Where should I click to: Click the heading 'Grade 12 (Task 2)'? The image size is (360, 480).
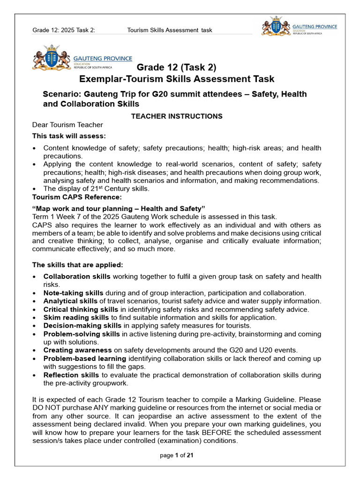[177, 67]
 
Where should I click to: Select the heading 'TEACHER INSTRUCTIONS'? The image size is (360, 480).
[176, 116]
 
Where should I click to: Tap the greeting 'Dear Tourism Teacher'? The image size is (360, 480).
[67, 125]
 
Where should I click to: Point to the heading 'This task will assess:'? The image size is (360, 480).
[69, 136]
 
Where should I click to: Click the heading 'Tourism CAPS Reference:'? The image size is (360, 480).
[70, 197]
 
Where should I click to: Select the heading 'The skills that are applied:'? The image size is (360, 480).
[77, 265]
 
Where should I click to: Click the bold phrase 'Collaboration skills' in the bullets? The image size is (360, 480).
[77, 277]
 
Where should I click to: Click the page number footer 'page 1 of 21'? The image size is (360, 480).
[176, 455]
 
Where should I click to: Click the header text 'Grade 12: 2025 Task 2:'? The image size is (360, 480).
[64, 30]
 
